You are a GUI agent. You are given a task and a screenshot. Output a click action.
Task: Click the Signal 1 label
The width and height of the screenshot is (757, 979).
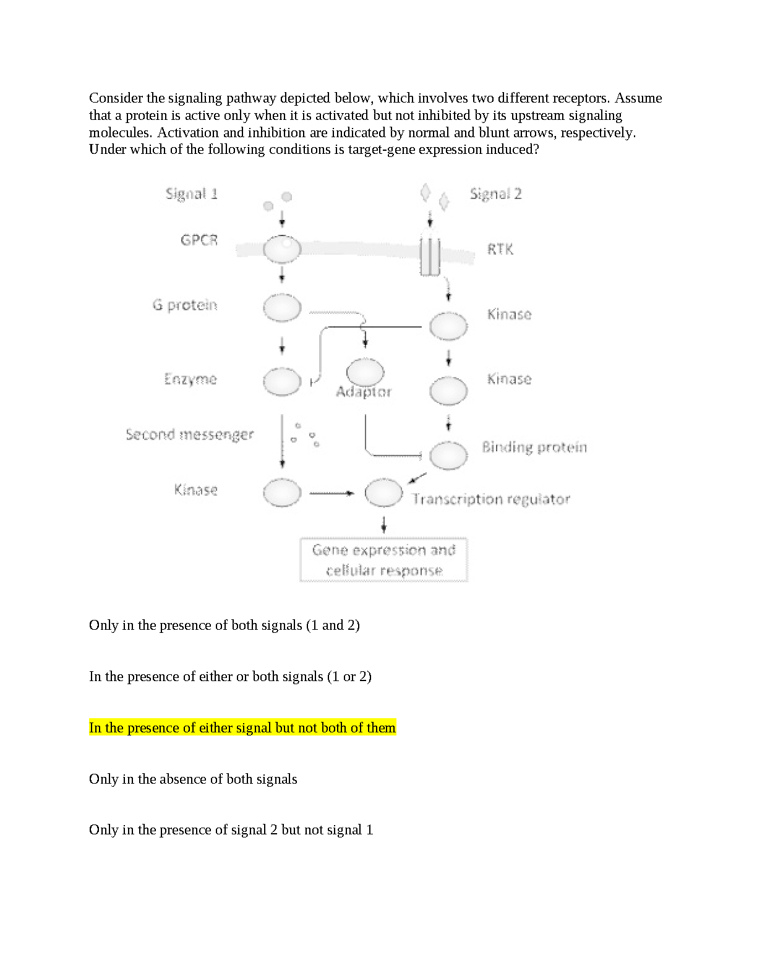191,194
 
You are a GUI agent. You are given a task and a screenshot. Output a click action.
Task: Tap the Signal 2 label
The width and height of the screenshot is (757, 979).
495,194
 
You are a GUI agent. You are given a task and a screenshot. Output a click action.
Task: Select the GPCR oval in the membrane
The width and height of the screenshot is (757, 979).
282,249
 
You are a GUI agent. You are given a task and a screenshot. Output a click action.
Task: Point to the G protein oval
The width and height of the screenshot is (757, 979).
282,308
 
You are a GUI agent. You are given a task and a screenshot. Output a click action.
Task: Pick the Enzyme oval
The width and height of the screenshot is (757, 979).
282,381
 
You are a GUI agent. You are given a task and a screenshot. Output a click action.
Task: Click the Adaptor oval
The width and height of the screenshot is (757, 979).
365,372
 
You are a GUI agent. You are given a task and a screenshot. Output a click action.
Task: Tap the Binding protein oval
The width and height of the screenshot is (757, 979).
448,456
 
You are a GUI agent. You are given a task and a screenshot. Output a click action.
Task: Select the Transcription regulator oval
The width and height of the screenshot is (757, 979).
383,493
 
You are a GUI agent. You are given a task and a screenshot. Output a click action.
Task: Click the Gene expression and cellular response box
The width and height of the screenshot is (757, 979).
383,560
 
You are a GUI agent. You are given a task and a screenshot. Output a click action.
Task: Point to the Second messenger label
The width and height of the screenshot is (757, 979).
189,434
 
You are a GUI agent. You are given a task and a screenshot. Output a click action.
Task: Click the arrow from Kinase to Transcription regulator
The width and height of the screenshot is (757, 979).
331,493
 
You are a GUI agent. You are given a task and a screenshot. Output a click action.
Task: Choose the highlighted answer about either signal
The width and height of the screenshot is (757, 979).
242,727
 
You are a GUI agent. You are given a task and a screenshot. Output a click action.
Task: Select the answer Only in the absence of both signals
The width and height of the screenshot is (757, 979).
193,779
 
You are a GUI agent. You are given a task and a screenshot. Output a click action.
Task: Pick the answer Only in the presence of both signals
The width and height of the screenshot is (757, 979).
224,625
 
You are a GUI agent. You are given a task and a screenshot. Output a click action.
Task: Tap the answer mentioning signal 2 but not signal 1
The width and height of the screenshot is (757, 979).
231,829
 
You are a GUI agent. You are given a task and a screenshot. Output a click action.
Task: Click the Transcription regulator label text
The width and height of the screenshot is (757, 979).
491,499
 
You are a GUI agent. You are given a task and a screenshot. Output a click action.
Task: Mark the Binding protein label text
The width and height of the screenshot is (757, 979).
534,447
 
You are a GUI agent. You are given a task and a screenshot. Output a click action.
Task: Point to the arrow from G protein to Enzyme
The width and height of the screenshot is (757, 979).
282,345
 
